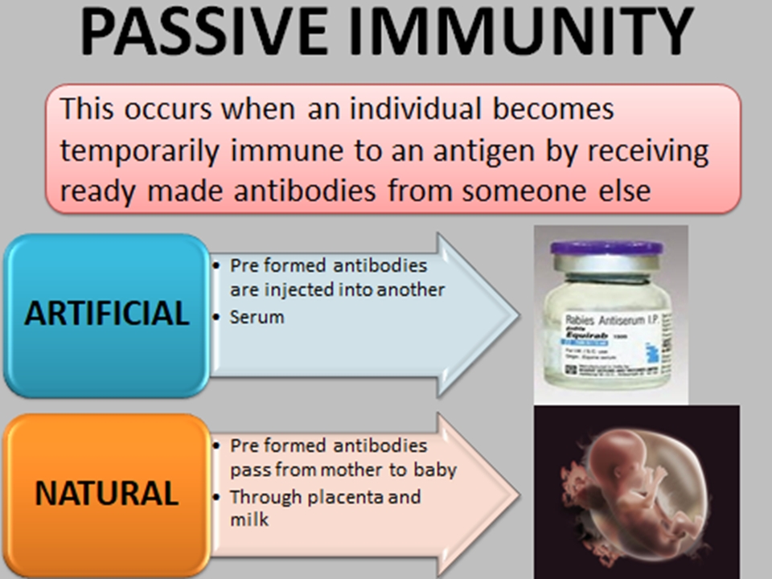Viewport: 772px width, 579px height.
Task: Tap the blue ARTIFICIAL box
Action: (106, 314)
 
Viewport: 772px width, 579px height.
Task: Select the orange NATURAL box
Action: (106, 492)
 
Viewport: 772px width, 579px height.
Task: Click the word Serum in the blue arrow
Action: (257, 317)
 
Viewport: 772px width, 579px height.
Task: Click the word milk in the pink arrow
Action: (249, 520)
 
